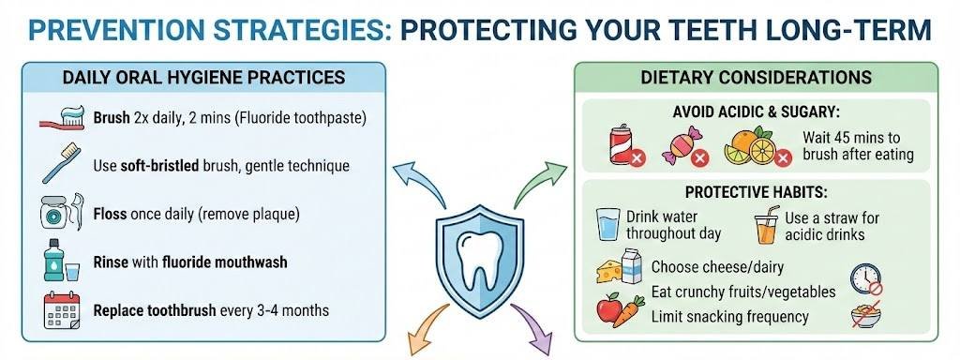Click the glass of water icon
click(x=608, y=226)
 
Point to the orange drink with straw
click(x=767, y=228)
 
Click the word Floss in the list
click(x=112, y=214)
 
